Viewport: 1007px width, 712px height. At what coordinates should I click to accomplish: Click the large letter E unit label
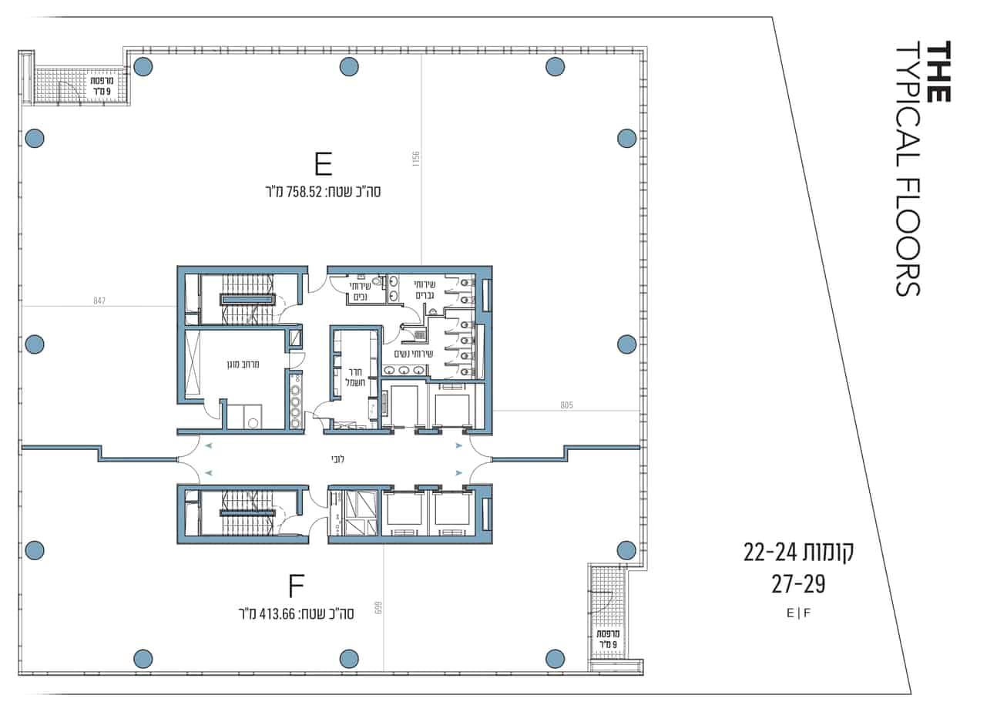(324, 165)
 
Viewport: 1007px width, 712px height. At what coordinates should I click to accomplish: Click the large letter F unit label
(297, 586)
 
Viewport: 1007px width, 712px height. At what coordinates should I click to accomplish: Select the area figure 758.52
(304, 192)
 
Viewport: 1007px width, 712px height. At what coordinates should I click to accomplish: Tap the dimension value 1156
(415, 159)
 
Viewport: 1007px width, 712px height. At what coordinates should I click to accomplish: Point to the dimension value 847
(99, 301)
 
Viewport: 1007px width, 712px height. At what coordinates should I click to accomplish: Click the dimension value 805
(566, 405)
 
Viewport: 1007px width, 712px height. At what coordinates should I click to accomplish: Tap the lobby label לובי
(337, 459)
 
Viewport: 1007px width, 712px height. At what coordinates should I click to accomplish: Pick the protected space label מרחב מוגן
(243, 364)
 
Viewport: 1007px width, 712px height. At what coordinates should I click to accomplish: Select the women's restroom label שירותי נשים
(414, 354)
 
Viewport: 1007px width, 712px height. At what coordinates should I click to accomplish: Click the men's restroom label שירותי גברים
(425, 290)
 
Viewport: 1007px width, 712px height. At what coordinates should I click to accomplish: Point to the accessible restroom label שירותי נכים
(360, 291)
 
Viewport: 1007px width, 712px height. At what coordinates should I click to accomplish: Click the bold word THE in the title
(938, 72)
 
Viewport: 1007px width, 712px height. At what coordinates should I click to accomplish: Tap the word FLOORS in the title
(908, 238)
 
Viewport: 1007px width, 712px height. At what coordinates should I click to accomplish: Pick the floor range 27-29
(798, 584)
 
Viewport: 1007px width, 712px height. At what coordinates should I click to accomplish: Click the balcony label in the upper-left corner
(102, 86)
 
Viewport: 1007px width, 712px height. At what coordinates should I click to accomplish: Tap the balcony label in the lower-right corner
(608, 639)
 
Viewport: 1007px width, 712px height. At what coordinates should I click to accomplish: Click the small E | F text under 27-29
(798, 613)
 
